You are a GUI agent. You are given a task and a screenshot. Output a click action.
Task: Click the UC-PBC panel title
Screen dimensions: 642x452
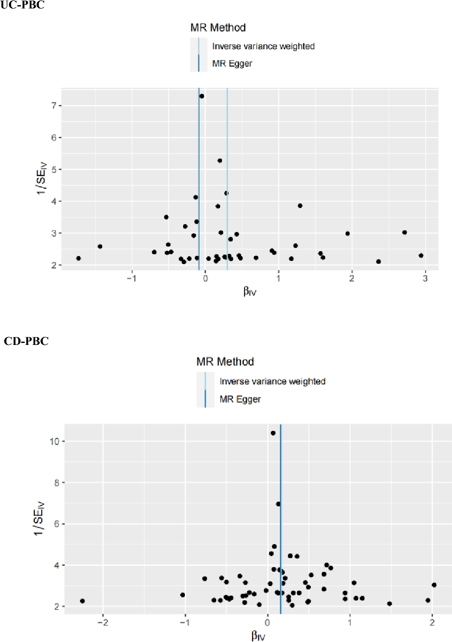[23, 6]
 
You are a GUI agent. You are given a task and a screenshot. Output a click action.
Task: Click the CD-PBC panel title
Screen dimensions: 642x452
[26, 341]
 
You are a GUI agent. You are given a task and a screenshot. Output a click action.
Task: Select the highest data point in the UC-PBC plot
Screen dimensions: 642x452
[202, 96]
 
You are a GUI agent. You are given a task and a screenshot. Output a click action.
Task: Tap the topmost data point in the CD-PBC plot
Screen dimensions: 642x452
[273, 433]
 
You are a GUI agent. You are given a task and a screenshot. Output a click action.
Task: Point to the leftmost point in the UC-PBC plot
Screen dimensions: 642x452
[78, 259]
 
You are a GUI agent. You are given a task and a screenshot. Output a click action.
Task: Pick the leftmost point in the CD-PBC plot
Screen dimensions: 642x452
[83, 601]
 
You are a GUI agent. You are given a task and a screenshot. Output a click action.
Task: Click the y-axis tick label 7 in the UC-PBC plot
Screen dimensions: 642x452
[54, 106]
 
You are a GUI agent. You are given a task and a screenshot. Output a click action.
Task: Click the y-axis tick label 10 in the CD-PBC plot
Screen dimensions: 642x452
[54, 441]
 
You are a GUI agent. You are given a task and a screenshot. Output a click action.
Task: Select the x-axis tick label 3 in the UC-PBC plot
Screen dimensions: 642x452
[425, 279]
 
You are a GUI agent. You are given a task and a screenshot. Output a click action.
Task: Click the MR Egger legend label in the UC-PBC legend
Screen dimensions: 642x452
[232, 63]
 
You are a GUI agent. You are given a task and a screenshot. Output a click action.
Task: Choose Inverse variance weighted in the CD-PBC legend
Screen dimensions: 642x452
[272, 382]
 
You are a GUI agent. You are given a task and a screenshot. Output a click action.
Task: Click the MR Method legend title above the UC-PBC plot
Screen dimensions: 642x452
[218, 28]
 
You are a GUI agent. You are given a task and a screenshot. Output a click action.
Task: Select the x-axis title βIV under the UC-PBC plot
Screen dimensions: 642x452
[250, 291]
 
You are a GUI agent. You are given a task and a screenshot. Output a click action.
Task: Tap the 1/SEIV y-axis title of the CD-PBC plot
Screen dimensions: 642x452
[38, 519]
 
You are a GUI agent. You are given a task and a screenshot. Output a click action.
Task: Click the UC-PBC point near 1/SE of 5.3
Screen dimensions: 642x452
[220, 160]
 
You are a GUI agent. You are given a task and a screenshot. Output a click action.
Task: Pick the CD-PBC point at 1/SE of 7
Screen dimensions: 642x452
[278, 504]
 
